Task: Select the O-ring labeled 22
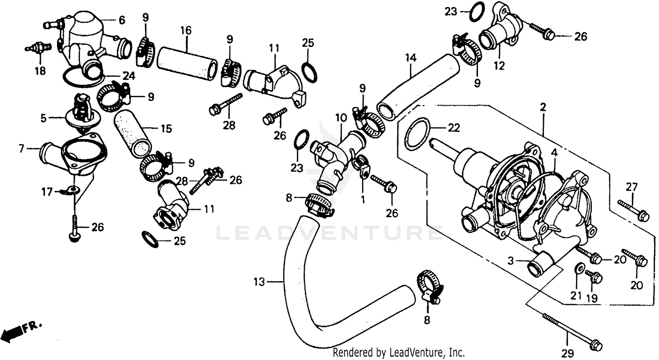[417, 134]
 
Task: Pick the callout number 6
[122, 20]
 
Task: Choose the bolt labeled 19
[594, 277]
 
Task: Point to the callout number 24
[128, 76]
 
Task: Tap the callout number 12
[499, 66]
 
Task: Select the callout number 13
[259, 282]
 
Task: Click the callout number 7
[21, 149]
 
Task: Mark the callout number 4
[554, 153]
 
